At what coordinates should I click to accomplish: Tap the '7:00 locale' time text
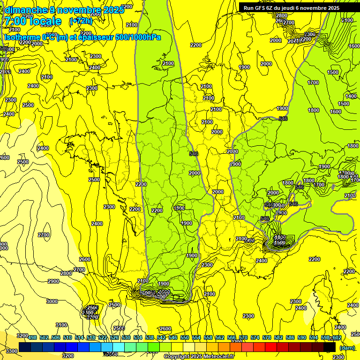(33, 22)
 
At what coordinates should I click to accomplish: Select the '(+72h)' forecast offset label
(81, 21)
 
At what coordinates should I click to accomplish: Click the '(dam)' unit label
(346, 348)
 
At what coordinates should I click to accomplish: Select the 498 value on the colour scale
(32, 337)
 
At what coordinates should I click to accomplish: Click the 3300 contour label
(12, 351)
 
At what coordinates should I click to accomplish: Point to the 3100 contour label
(61, 325)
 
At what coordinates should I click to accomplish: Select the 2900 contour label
(53, 281)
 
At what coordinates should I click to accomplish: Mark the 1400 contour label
(351, 96)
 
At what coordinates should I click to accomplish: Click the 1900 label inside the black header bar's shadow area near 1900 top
(244, 67)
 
